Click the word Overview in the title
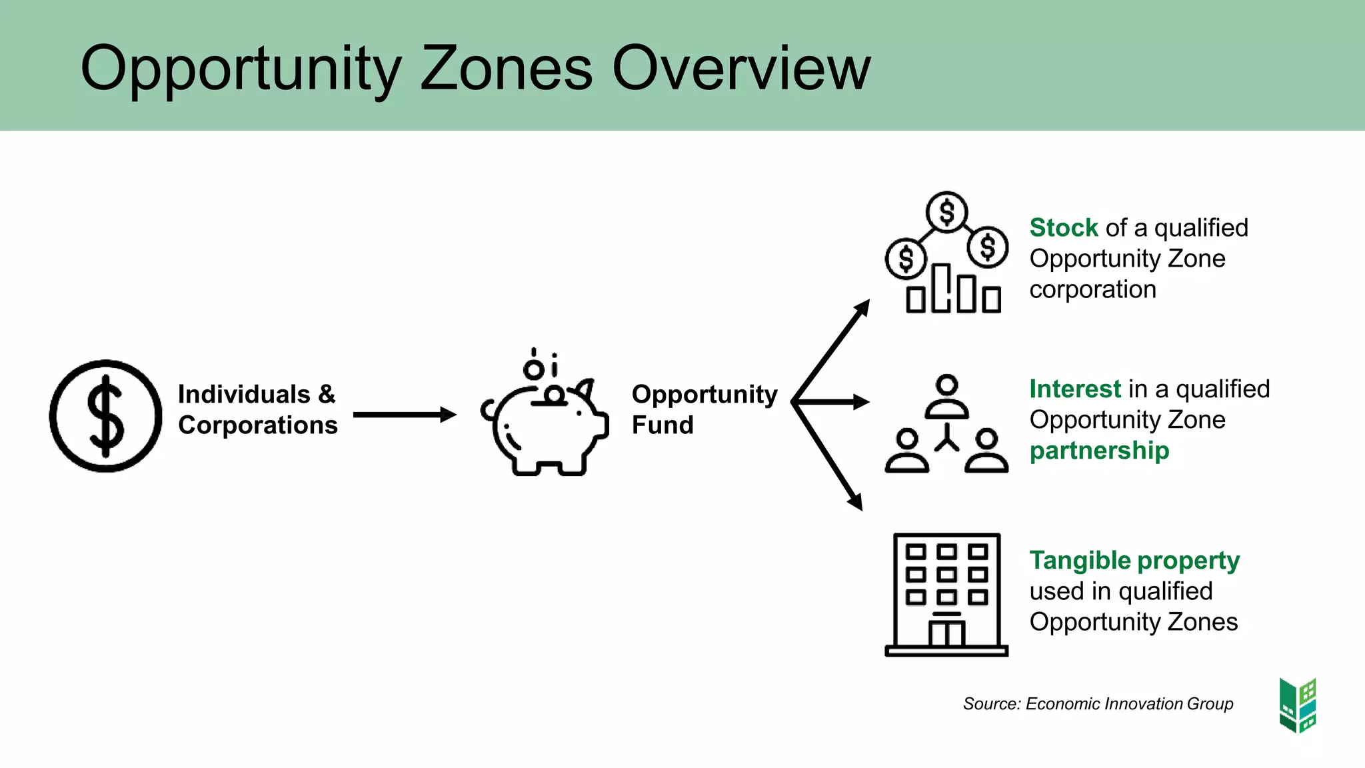pyautogui.click(x=741, y=68)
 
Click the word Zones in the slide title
pyautogui.click(x=506, y=68)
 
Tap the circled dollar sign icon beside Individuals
pyautogui.click(x=105, y=416)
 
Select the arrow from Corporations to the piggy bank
pyautogui.click(x=404, y=415)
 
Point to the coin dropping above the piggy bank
pyautogui.click(x=534, y=369)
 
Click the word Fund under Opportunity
pyautogui.click(x=663, y=425)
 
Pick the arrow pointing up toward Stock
pyautogui.click(x=832, y=349)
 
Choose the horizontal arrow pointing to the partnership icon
pyautogui.click(x=833, y=402)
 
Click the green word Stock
pyautogui.click(x=1064, y=228)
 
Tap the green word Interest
pyautogui.click(x=1075, y=389)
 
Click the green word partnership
pyautogui.click(x=1099, y=451)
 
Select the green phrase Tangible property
pyautogui.click(x=1134, y=561)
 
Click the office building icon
pyautogui.click(x=946, y=593)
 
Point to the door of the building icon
pyautogui.click(x=946, y=633)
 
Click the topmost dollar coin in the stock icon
pyautogui.click(x=946, y=213)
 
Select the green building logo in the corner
pyautogui.click(x=1298, y=705)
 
